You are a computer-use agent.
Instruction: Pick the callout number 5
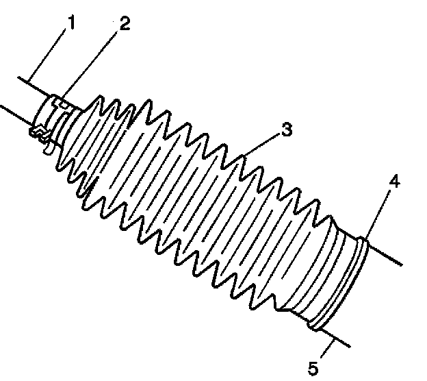[313, 368]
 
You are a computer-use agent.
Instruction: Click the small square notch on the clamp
[60, 102]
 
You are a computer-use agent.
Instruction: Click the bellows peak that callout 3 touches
[244, 160]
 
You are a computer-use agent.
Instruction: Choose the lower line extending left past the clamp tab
[14, 112]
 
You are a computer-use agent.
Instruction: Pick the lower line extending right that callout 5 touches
[339, 339]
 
